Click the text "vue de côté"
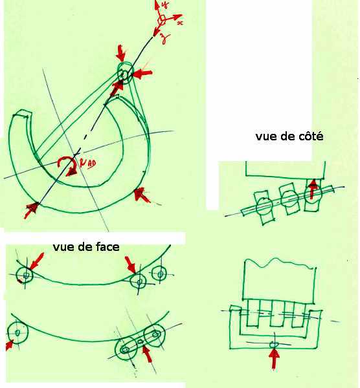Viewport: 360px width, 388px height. pos(289,137)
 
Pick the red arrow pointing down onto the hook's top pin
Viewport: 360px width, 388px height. pos(120,52)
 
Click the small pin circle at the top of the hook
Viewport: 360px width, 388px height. pos(124,73)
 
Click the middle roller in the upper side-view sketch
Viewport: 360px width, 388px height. pos(287,203)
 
